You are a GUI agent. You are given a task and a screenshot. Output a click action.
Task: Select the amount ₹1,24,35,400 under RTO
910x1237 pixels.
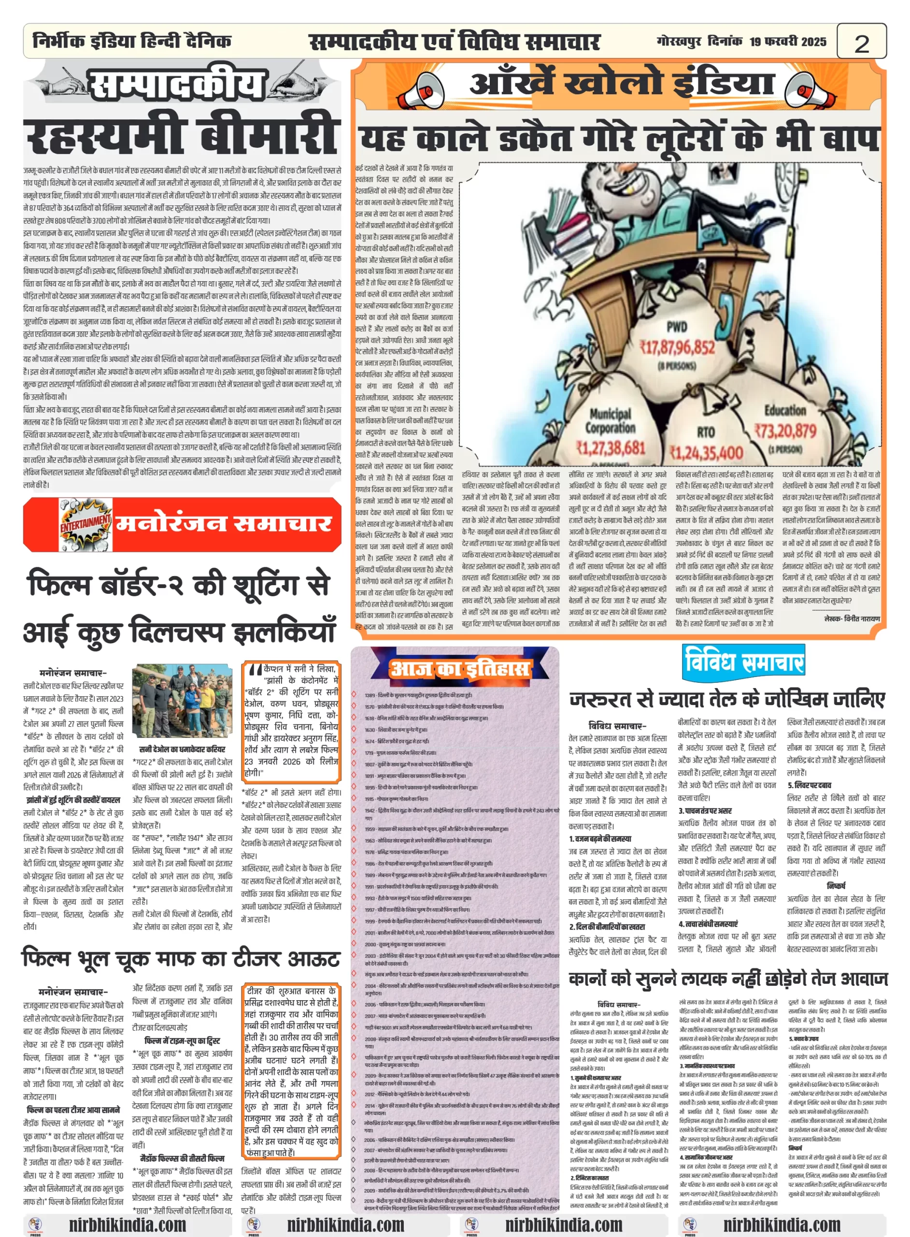point(706,453)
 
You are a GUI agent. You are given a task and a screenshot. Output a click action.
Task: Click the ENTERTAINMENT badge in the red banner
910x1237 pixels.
point(85,523)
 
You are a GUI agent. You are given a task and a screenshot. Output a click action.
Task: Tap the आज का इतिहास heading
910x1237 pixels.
point(459,669)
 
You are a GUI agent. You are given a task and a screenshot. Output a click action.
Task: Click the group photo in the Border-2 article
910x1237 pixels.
point(182,700)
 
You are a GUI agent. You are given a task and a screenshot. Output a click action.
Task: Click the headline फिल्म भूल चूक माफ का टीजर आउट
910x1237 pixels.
point(181,959)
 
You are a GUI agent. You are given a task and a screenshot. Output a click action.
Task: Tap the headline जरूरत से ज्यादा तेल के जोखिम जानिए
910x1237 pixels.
point(727,699)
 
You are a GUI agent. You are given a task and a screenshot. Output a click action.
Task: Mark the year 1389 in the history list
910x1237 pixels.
point(370,695)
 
